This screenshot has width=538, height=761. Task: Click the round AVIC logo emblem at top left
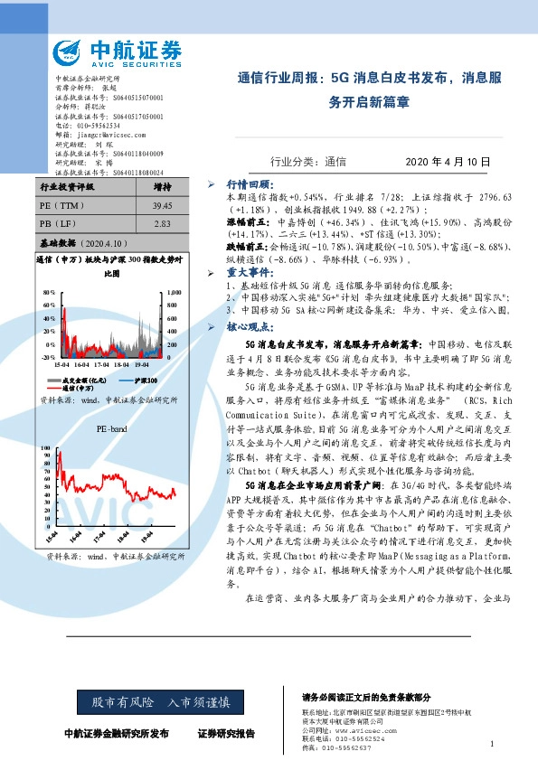[71, 52]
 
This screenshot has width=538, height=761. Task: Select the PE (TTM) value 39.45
[164, 205]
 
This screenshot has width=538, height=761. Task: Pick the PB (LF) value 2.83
[163, 222]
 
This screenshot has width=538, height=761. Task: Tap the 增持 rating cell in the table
[164, 188]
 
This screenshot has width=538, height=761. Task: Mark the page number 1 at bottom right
[490, 743]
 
